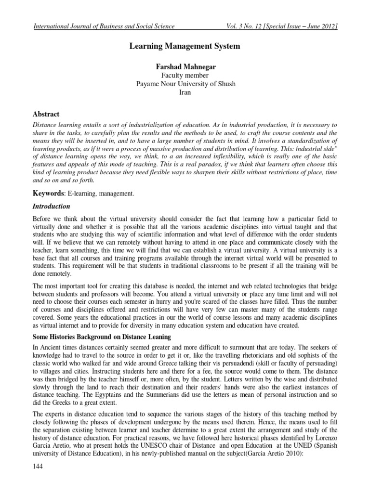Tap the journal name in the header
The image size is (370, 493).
point(103,26)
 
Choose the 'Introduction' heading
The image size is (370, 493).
point(51,207)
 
